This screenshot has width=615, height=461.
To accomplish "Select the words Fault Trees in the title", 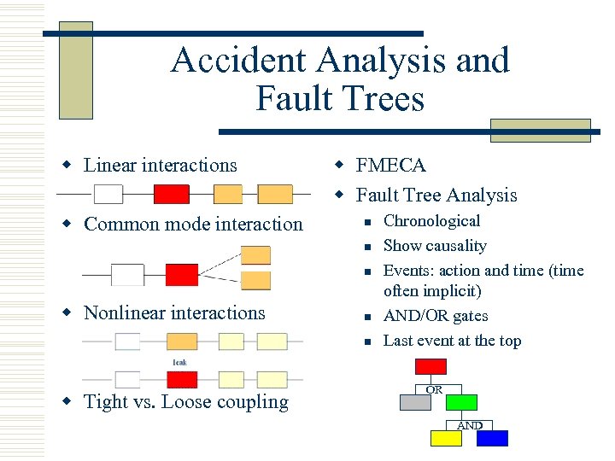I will [339, 99].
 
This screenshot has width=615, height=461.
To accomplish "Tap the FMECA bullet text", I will [390, 165].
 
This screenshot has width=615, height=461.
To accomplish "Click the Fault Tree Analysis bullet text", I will [436, 195].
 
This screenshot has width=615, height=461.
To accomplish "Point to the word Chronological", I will [431, 221].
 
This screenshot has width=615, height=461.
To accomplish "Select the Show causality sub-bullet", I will [435, 246].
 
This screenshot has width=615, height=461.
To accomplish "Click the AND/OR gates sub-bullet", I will [436, 316].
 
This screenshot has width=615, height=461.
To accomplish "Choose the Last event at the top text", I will [452, 341].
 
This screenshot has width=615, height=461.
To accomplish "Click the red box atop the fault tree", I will [430, 367].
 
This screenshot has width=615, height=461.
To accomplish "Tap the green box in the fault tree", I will [461, 402].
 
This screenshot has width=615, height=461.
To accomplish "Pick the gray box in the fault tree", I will [416, 402].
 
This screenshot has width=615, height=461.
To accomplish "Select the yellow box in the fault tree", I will [445, 438].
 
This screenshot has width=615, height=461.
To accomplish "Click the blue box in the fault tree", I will [492, 438].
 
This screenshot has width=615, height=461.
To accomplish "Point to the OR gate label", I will [434, 389].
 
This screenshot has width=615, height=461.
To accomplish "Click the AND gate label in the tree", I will [470, 425].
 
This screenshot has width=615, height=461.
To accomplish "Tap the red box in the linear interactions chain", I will [171, 195].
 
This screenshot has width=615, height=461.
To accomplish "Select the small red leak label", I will [180, 362].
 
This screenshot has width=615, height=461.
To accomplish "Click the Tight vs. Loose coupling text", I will [186, 402].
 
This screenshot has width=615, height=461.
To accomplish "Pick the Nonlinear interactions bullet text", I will [174, 313].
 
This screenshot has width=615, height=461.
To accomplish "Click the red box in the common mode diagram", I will [181, 275].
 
